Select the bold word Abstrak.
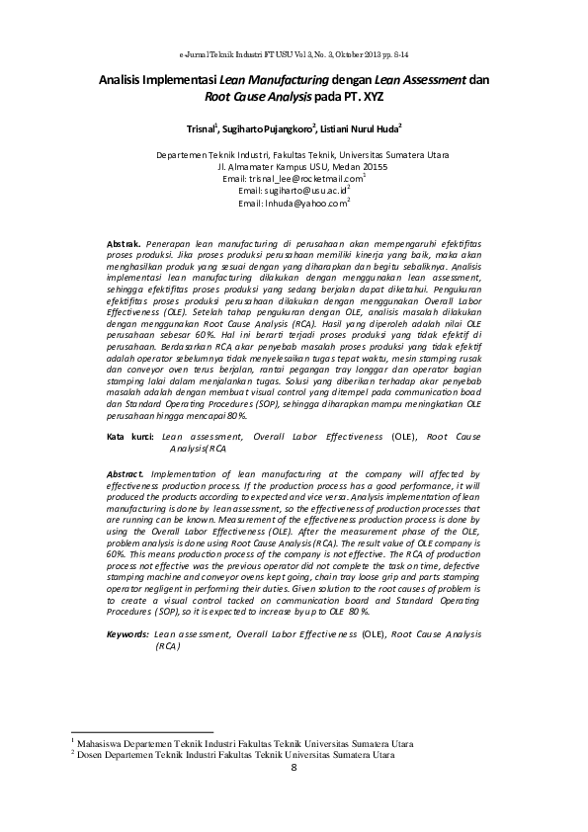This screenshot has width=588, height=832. (x=125, y=242)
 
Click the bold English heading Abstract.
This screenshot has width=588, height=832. (x=126, y=474)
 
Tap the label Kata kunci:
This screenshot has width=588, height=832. (x=130, y=436)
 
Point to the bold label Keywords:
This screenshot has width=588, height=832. (x=127, y=632)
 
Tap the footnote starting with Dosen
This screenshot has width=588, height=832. (x=228, y=754)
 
